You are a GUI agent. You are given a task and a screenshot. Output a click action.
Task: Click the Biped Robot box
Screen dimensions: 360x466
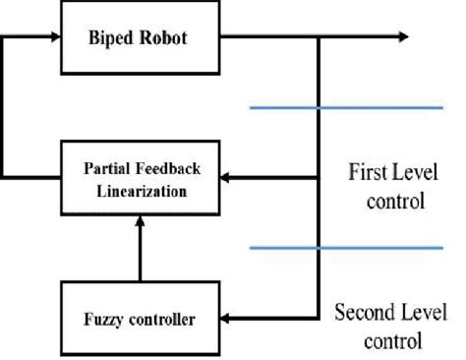[140, 39]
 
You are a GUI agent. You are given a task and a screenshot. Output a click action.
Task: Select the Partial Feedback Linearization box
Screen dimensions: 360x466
[140, 177]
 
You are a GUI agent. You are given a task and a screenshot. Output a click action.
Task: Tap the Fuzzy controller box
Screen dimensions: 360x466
[140, 317]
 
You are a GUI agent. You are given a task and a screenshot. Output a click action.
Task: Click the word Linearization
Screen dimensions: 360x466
[140, 188]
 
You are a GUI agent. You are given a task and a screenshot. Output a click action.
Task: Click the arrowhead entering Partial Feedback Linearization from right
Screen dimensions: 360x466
[225, 178]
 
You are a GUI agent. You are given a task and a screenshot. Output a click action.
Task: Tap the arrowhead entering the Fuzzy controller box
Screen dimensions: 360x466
[225, 318]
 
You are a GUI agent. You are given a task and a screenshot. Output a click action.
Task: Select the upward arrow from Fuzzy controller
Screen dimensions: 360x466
[140, 246]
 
